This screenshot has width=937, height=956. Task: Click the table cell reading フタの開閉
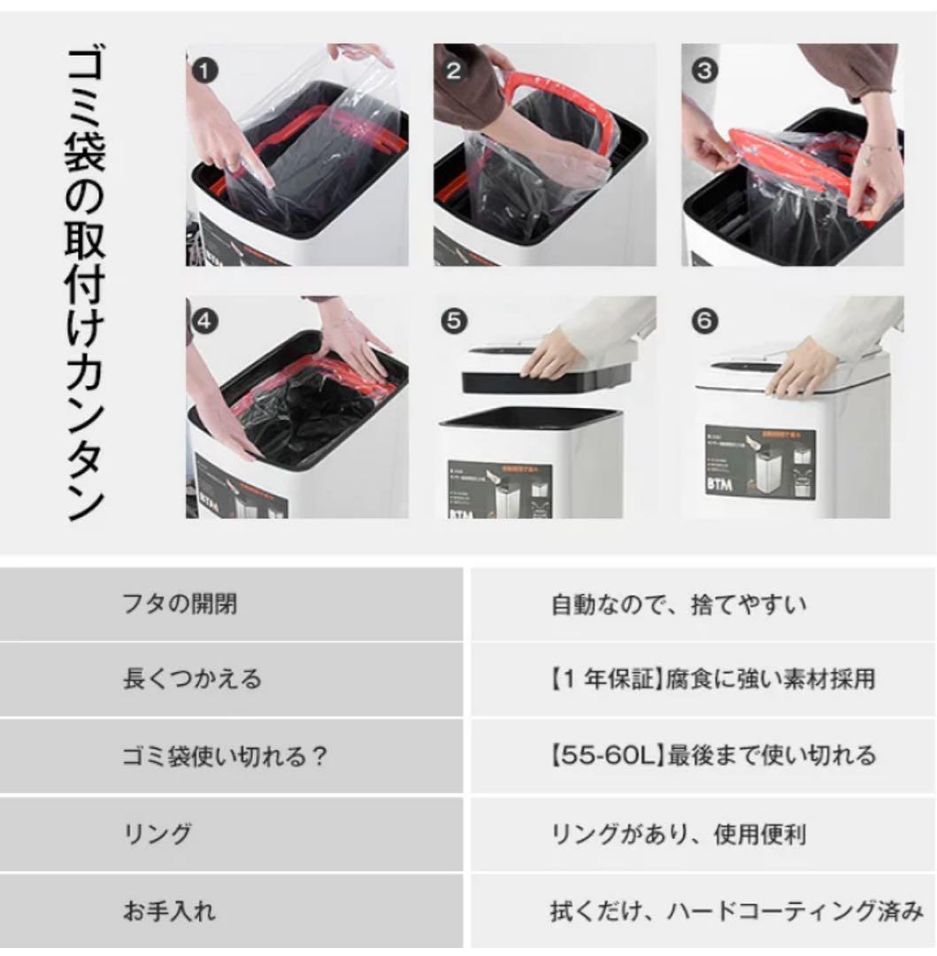pos(180,605)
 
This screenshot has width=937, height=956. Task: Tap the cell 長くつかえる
pos(192,680)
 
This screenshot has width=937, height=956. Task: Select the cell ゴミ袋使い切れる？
pos(226,756)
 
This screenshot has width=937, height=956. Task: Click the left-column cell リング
pos(157,834)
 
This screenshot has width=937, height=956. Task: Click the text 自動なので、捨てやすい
pos(679,605)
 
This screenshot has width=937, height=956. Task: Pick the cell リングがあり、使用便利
pos(679,834)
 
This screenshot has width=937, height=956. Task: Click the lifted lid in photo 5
pos(549,372)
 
